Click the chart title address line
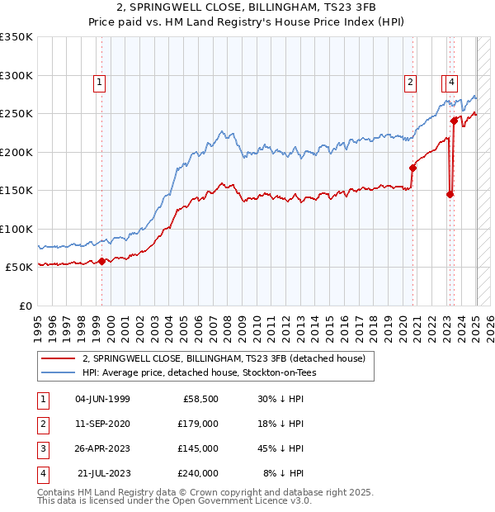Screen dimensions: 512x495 click(x=247, y=7)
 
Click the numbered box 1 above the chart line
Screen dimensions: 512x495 click(x=99, y=81)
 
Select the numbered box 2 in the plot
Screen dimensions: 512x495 click(x=410, y=81)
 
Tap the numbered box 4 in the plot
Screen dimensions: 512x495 click(x=453, y=81)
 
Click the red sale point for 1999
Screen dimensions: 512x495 click(x=102, y=261)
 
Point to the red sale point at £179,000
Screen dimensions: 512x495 click(x=413, y=168)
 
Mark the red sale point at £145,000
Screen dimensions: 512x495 click(x=450, y=195)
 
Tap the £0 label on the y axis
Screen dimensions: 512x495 click(x=26, y=306)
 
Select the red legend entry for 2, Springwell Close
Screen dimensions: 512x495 click(x=229, y=358)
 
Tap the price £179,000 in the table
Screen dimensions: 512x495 click(x=197, y=424)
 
